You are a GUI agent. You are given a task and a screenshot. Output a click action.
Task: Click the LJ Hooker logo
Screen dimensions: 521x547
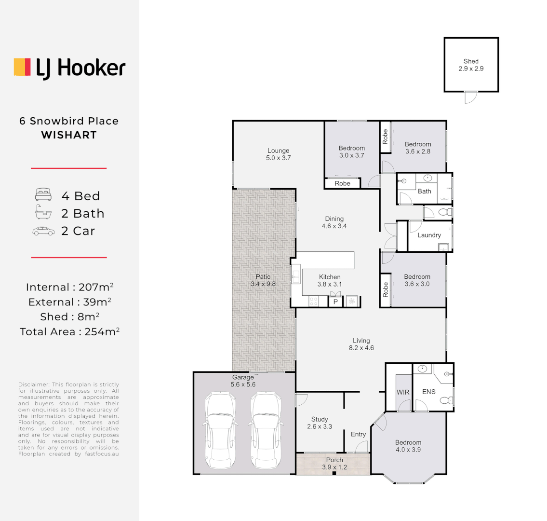69,68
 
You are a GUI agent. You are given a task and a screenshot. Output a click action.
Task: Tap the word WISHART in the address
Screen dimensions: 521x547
69,136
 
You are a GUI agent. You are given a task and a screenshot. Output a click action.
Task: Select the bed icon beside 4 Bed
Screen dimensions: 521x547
43,195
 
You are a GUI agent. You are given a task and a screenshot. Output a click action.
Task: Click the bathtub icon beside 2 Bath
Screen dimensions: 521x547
43,213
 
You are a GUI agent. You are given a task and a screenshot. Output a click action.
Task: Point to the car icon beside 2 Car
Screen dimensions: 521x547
43,231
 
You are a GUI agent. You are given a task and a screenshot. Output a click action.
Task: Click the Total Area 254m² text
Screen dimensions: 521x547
69,332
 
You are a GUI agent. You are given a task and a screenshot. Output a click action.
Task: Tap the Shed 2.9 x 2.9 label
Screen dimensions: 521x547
471,65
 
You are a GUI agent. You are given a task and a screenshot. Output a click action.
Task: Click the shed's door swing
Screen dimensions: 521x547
470,97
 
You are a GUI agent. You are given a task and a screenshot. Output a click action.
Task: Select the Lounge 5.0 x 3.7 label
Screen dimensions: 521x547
279,154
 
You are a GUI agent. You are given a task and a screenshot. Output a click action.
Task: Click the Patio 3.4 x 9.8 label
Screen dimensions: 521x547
263,280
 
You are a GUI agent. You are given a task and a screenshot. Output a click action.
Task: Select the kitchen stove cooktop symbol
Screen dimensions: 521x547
313,302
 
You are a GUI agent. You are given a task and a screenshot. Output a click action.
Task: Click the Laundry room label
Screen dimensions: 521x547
429,235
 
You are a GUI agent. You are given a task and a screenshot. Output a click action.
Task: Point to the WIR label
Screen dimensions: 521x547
403,392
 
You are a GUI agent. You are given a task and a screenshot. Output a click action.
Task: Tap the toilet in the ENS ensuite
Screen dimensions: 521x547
448,400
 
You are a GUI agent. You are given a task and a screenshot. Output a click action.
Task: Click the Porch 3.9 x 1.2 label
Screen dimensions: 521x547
334,464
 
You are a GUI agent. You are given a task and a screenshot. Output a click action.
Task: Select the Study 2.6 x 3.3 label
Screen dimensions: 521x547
320,423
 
